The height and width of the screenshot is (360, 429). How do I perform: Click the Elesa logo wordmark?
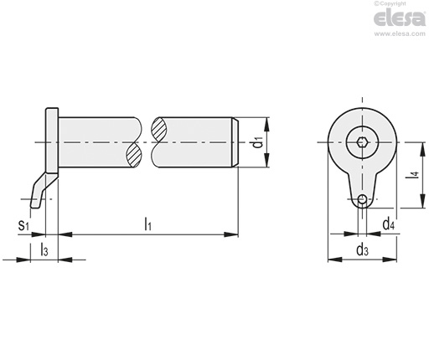tap(400, 18)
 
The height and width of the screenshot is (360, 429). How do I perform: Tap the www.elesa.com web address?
tap(400, 33)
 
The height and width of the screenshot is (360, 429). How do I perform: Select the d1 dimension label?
tap(258, 142)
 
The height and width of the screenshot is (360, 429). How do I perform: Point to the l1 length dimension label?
tap(147, 224)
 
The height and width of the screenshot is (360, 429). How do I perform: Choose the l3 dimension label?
tap(44, 249)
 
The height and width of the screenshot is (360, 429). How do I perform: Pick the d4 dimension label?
tap(389, 224)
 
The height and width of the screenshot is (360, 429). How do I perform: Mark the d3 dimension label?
tap(362, 249)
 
